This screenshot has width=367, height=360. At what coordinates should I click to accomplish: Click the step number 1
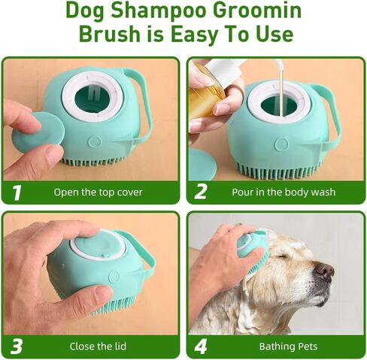pyautogui.click(x=17, y=192)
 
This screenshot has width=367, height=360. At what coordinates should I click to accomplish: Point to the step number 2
pyautogui.click(x=201, y=192)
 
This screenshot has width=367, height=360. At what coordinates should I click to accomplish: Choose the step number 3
pyautogui.click(x=17, y=346)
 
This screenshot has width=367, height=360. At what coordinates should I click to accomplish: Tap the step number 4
pyautogui.click(x=201, y=346)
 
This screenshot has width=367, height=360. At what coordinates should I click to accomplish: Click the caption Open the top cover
pyautogui.click(x=98, y=192)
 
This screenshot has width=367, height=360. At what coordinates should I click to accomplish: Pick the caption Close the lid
pyautogui.click(x=98, y=347)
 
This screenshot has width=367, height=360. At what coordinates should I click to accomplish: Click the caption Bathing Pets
pyautogui.click(x=288, y=347)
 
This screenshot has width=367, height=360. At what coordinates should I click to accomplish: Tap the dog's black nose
pyautogui.click(x=325, y=271)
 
